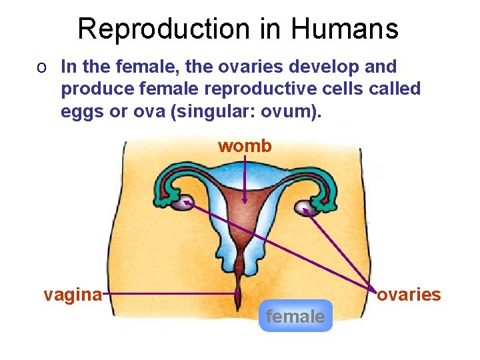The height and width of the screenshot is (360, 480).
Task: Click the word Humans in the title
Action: (344, 29)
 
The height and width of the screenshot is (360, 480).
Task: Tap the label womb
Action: (245, 146)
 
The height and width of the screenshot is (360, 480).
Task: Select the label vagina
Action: (73, 294)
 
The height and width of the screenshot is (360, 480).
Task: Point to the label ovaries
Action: (409, 294)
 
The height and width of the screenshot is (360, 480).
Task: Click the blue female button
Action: (295, 316)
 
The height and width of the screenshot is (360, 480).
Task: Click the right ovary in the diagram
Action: (305, 208)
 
